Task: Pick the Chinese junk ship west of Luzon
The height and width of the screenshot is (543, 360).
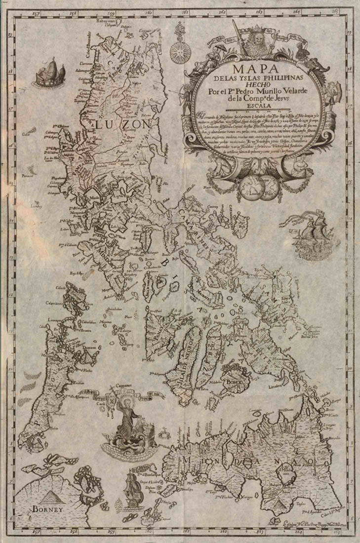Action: click(x=45, y=72)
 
